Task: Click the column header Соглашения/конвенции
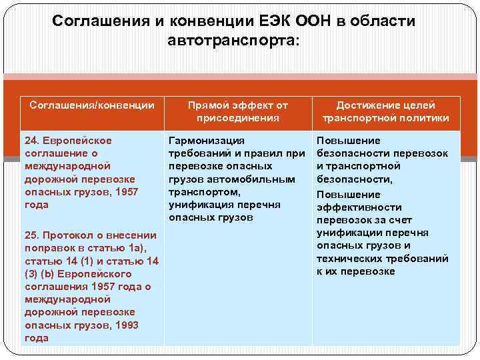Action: (92, 105)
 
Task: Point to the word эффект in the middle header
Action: (249, 105)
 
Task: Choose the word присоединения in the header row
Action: (237, 118)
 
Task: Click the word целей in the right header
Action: (419, 105)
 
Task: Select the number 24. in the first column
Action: (33, 141)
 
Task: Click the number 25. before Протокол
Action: (33, 235)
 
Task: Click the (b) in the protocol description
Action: (45, 274)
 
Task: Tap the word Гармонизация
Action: (207, 141)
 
